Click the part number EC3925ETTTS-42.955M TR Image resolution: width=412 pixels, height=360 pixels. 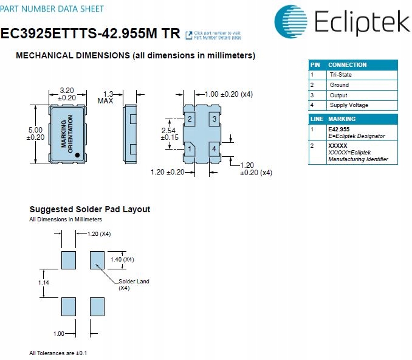[90, 34]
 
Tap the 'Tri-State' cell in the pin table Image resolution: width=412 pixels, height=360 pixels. [340, 75]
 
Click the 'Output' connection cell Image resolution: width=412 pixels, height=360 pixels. [338, 95]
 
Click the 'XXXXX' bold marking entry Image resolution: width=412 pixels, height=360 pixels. [338, 146]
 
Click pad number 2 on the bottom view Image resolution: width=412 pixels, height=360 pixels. [190, 119]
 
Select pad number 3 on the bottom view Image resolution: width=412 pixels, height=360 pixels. [214, 119]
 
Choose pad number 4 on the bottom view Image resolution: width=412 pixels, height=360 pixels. [214, 149]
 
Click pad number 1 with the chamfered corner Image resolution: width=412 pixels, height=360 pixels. [190, 149]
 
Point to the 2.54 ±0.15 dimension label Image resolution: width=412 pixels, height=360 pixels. [170, 134]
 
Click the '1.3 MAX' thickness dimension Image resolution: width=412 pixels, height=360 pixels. [108, 97]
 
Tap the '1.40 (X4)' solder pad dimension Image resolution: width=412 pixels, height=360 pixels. [122, 260]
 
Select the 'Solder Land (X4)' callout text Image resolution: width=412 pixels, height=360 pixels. [133, 285]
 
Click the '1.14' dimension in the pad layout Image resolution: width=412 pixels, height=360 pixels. [43, 283]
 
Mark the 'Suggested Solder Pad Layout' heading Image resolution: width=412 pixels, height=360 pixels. [89, 209]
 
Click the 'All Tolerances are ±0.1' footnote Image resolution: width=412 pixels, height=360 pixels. [58, 353]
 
